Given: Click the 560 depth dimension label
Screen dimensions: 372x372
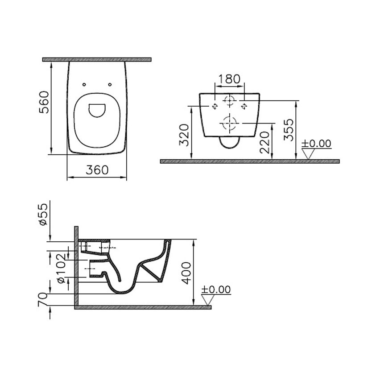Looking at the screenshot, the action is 44,102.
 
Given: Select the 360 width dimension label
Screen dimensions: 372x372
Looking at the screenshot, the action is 97,170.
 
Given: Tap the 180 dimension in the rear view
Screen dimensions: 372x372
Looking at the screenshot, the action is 229,79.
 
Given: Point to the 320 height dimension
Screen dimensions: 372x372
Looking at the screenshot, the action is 184,135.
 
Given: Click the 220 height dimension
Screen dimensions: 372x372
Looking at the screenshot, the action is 265,142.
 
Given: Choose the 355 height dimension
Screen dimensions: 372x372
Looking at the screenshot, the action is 289,130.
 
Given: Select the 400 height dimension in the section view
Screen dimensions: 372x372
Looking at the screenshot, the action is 186,273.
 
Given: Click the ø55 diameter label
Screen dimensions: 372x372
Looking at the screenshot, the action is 44,214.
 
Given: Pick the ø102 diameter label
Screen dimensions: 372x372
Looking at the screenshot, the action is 61,269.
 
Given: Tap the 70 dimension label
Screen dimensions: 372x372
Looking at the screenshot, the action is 42,300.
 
